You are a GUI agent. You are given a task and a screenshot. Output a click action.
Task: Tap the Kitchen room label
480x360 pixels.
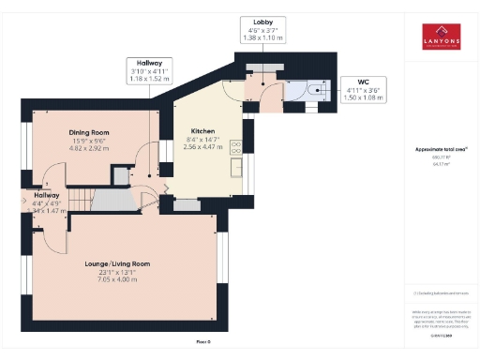[203, 131]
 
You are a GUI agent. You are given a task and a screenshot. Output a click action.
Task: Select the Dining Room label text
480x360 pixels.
[89, 132]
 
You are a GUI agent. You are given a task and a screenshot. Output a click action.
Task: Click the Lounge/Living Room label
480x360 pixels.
[118, 264]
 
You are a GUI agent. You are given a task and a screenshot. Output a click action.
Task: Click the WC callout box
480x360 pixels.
[362, 89]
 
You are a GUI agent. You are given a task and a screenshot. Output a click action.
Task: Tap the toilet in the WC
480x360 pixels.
[316, 94]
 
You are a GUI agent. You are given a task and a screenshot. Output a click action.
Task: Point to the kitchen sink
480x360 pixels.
[237, 170]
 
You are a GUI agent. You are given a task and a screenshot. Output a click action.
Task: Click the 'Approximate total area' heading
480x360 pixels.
[441, 149]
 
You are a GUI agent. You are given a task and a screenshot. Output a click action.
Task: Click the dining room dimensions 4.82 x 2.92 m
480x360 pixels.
[89, 148]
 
